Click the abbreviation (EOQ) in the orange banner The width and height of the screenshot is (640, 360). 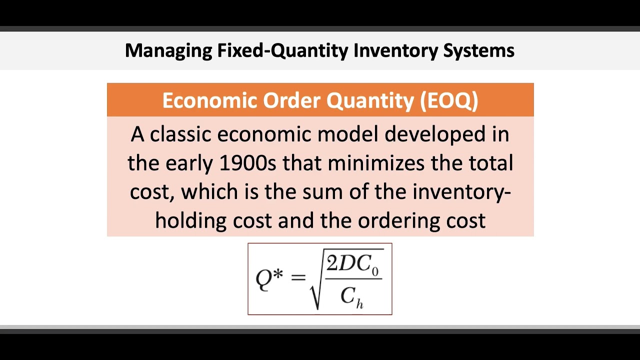(449, 100)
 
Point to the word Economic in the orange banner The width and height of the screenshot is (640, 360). (209, 100)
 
